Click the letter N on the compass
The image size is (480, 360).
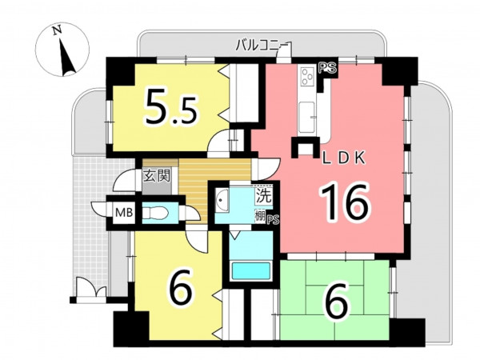[57, 30]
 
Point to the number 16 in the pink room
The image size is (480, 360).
[344, 202]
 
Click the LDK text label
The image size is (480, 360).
[344, 158]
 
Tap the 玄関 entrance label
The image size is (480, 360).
[157, 176]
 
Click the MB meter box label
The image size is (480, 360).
[124, 212]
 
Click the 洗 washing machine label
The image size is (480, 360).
[263, 196]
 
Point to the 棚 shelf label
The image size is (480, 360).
[260, 216]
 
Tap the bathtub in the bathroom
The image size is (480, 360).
[251, 270]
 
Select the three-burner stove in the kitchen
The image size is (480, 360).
[308, 76]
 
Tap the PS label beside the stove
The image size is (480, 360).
[327, 68]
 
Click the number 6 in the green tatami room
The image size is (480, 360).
[336, 302]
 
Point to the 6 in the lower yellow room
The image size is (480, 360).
[181, 288]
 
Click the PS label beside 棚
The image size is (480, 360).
[274, 220]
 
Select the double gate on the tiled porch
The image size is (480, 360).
[91, 288]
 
